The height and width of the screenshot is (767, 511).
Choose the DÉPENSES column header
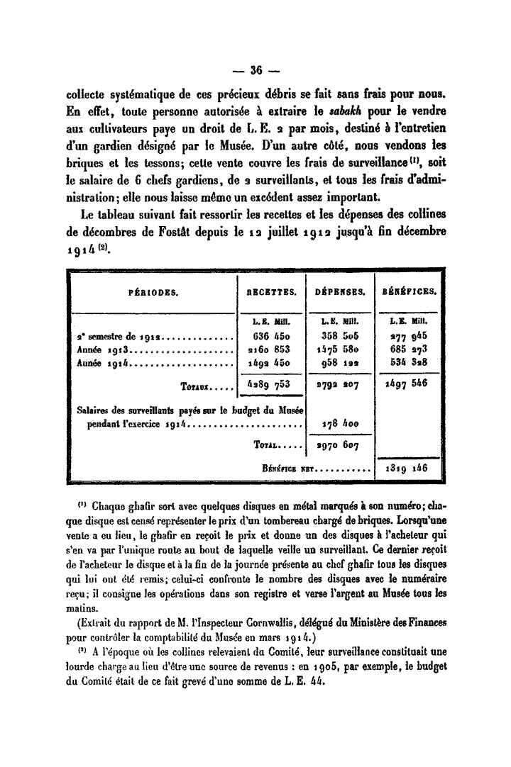click(339, 291)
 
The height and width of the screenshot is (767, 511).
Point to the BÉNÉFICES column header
click(409, 291)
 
